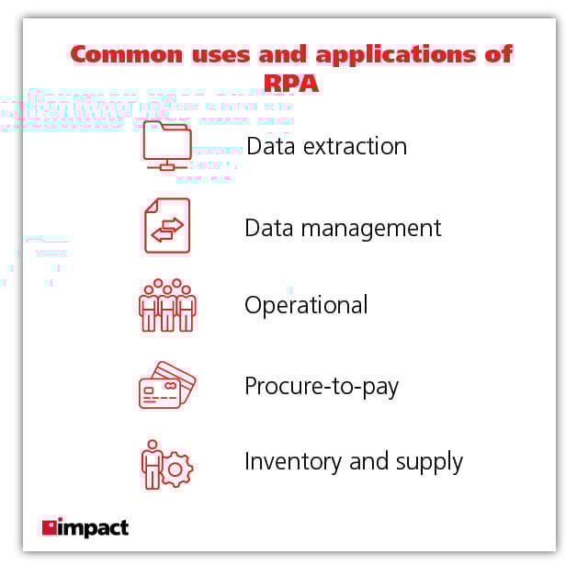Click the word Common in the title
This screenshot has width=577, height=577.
119,53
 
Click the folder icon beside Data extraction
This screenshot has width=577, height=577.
166,145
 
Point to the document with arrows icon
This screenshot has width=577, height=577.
166,225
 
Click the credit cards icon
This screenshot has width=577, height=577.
166,384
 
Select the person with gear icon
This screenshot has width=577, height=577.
166,463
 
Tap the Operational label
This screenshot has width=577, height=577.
306,305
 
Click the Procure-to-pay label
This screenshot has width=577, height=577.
322,386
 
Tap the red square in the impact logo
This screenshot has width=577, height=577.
49,526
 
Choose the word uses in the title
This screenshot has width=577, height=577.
209,53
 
